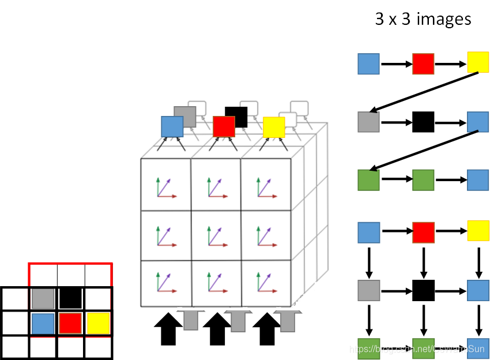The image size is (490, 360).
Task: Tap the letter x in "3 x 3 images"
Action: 395,20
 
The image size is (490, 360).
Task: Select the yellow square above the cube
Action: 274,127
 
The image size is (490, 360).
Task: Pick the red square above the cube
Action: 224,126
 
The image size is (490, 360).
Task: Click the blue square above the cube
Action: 172,127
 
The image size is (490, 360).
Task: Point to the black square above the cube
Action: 236,117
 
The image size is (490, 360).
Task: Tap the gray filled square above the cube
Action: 185,117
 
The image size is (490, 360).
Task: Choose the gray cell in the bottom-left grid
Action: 43,298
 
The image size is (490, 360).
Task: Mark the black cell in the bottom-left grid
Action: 70,298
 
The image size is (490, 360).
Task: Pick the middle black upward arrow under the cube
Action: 217,328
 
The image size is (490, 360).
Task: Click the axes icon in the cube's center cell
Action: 216,235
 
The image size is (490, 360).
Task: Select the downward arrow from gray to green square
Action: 368,318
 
